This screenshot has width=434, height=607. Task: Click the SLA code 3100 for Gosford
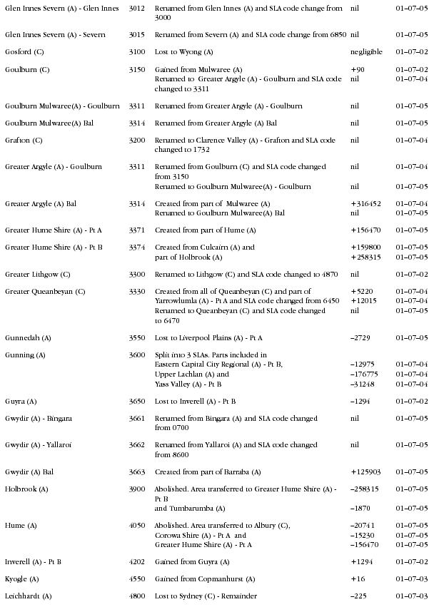(136, 52)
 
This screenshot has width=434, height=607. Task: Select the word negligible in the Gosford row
(366, 52)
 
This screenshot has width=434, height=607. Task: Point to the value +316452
(365, 204)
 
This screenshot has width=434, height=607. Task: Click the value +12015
(363, 301)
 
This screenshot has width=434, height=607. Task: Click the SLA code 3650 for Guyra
(136, 402)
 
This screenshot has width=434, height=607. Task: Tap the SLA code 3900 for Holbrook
(136, 489)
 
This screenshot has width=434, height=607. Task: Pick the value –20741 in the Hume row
(363, 526)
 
